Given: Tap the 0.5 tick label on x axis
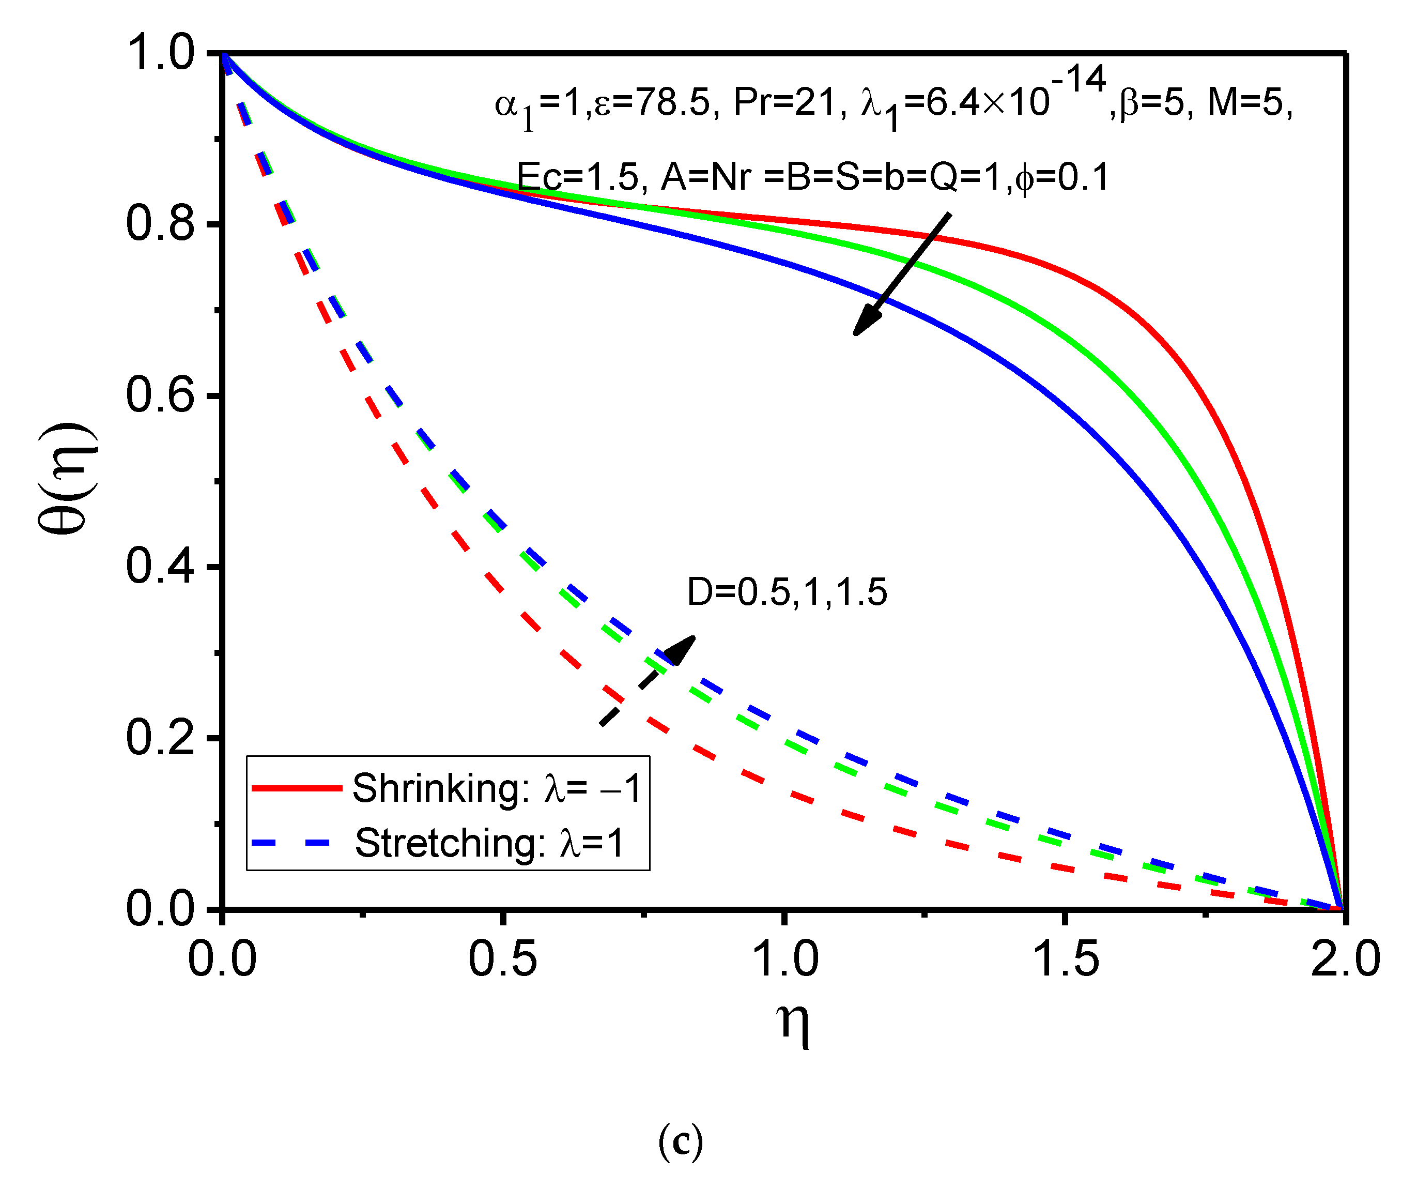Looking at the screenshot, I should tap(503, 959).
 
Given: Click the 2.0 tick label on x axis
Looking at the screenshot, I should tap(1345, 959).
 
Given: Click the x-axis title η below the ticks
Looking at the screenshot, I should tap(792, 1024).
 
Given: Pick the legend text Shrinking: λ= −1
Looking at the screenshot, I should tap(496, 788).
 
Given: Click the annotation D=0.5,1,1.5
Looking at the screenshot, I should tap(787, 592).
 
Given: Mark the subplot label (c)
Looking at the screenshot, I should tap(680, 1140).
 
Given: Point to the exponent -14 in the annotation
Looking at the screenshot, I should tap(1077, 80).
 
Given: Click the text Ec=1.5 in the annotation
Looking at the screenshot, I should tap(577, 177).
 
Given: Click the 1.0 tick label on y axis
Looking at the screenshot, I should tap(160, 53).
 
